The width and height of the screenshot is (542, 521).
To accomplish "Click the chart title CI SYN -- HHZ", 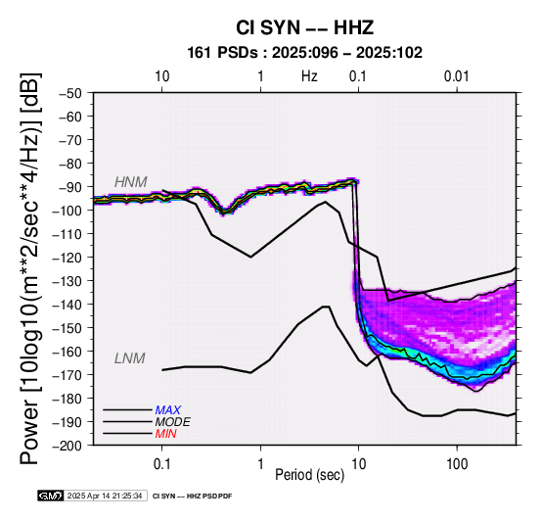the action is [305, 27].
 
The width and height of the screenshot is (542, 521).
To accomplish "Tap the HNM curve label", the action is [131, 182].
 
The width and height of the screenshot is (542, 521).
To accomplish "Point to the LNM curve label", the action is [129, 358].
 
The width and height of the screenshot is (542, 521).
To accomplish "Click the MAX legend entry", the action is [167, 410].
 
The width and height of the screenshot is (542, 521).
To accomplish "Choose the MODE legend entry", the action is [172, 422].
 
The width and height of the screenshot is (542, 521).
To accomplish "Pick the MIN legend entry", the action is [165, 434].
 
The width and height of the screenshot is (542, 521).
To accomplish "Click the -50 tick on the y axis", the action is [70, 93].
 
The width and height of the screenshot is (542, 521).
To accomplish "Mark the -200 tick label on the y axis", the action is [68, 446].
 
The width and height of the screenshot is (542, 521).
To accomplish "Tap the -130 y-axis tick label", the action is [68, 281].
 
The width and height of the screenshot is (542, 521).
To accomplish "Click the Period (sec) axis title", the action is [310, 475].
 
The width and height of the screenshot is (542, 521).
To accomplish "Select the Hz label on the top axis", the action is [309, 76].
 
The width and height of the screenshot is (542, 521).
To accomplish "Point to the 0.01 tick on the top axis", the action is [457, 76].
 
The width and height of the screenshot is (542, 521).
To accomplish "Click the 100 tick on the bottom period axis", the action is [457, 463].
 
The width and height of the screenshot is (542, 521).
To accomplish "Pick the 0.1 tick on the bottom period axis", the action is [161, 463].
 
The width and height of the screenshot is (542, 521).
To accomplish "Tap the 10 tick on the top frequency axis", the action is [161, 76].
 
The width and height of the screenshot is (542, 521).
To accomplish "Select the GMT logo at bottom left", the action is [51, 496].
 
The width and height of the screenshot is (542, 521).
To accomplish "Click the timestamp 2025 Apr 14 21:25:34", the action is [105, 496].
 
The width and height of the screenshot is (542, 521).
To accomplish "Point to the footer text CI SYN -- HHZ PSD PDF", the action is [192, 497].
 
